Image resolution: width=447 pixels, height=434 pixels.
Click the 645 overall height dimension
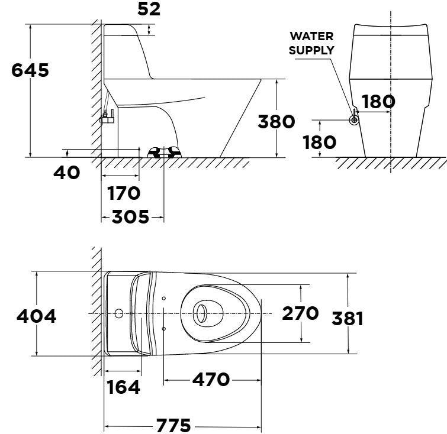point(31,70)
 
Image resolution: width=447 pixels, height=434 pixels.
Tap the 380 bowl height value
point(276,121)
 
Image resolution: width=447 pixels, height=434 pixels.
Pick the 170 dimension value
point(123,193)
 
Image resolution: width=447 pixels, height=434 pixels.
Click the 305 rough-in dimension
point(131,218)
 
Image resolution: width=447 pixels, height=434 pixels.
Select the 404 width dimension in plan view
point(36,316)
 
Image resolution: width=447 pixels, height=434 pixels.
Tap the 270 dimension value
point(300,313)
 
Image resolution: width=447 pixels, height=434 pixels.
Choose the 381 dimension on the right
point(347,318)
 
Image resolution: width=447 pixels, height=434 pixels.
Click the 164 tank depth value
point(124,387)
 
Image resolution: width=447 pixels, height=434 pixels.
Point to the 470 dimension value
point(211,379)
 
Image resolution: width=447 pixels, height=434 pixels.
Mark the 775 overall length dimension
point(173,425)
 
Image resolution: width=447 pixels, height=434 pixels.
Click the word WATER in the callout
point(311,36)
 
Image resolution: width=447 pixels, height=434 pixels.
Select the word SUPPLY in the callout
point(311,50)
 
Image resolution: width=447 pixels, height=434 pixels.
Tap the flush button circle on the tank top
point(120,312)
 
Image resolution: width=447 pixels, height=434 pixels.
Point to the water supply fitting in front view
point(354,119)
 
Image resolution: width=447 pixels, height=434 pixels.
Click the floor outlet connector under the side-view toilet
point(163,153)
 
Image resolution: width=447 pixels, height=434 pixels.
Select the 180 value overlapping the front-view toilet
point(378,102)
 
